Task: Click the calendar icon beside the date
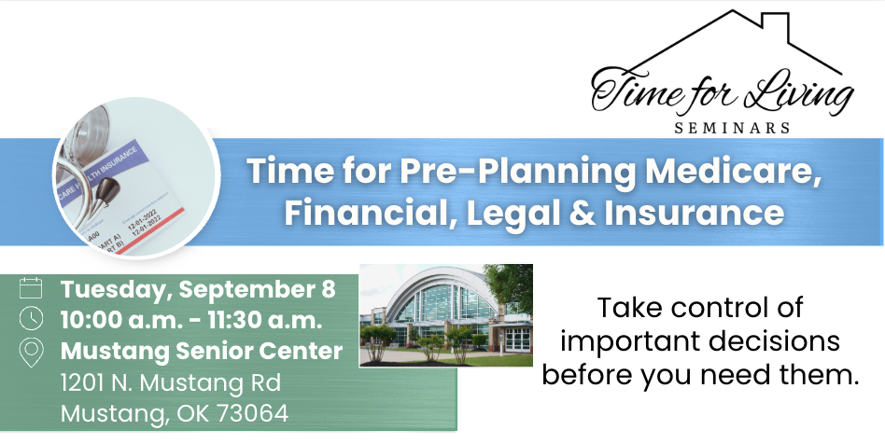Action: [x=31, y=287]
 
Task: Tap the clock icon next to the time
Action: [x=31, y=318]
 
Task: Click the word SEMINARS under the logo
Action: [x=732, y=128]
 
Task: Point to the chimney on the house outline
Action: [x=776, y=21]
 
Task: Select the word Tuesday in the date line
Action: [x=114, y=289]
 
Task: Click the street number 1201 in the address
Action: [x=81, y=383]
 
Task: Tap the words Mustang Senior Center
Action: [x=202, y=351]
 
